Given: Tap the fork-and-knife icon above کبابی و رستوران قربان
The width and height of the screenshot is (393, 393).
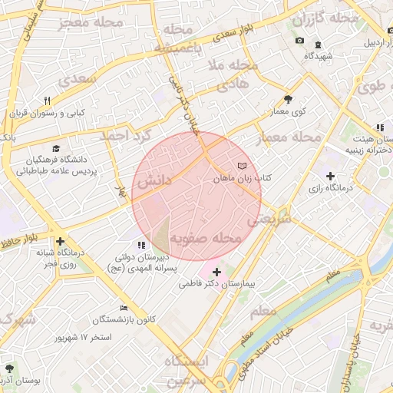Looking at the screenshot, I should pos(47,101).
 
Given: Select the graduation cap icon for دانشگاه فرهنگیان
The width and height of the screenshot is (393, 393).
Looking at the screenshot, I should pos(56,148).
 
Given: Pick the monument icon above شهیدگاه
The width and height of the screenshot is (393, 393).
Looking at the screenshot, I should pos(299,41).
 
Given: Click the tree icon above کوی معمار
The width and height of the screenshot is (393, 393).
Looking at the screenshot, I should pos(288,99).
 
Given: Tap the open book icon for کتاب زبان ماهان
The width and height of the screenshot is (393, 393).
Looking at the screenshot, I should pos(243,167).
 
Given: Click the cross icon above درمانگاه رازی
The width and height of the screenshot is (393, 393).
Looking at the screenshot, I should pos(330,177).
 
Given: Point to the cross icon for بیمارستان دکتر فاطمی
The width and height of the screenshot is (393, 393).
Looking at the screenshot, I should pos(217,272).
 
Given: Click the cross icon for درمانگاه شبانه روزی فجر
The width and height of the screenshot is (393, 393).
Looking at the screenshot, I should pos(60,239).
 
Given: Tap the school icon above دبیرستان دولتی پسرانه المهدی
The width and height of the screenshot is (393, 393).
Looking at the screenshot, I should pos(140,245).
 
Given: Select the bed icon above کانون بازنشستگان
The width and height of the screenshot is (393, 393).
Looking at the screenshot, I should pos(124,308).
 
